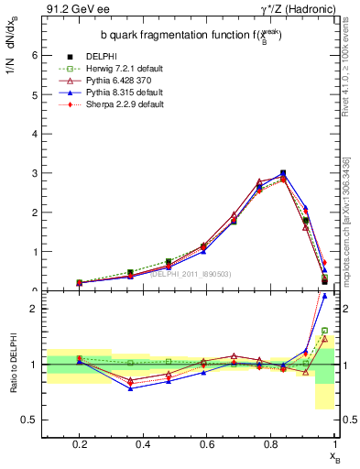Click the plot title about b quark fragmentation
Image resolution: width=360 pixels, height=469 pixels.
(x=191, y=35)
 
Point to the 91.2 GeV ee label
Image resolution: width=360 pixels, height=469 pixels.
(x=71, y=10)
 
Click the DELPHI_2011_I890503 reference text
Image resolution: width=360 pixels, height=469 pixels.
(x=191, y=273)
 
